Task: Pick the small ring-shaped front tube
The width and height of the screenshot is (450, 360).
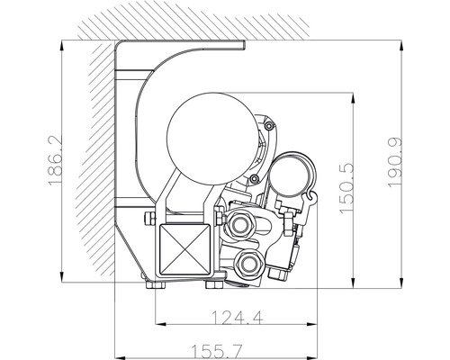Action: [x=293, y=174]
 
